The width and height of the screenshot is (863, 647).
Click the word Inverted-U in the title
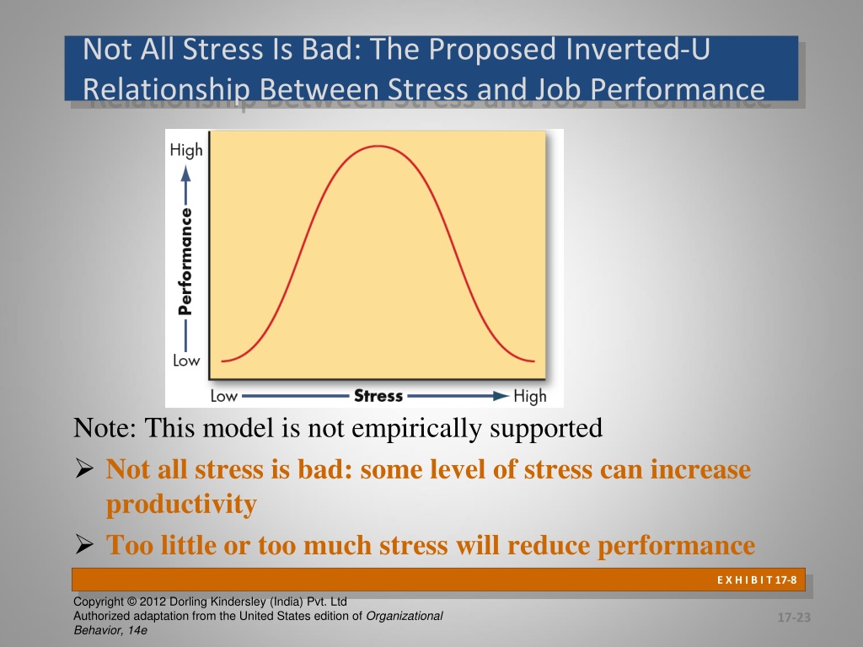638,49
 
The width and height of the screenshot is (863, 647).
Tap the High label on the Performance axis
186,150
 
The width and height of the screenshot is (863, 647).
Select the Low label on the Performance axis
186,361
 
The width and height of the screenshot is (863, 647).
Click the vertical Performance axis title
185,261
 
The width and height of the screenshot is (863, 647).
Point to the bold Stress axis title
378,396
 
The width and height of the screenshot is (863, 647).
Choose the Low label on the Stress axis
223,396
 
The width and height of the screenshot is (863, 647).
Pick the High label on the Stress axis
530,396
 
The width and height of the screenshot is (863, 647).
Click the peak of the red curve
378,146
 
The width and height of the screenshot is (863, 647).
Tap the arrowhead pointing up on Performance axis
186,174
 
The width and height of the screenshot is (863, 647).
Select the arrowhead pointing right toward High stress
501,396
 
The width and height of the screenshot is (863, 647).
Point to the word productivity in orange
182,505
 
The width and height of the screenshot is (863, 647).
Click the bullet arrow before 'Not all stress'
84,468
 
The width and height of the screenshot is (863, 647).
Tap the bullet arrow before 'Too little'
84,544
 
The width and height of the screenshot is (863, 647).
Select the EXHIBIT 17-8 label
757,580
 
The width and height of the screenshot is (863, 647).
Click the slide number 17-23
794,618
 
